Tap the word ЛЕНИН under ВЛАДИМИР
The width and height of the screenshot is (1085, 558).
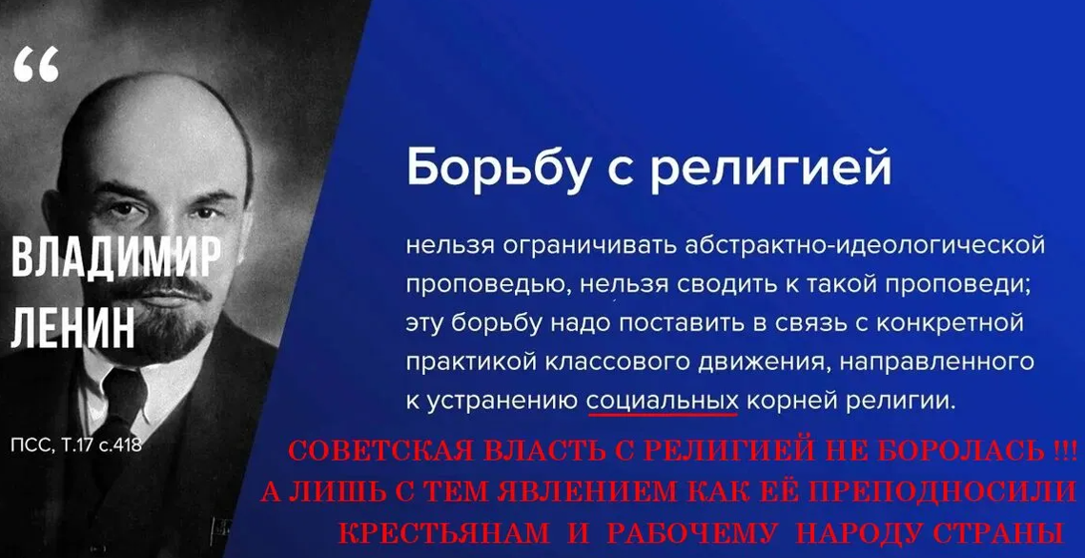[x=72, y=329]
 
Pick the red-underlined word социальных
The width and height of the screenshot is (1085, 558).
[x=663, y=401]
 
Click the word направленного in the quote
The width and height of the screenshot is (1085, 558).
[x=952, y=362]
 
